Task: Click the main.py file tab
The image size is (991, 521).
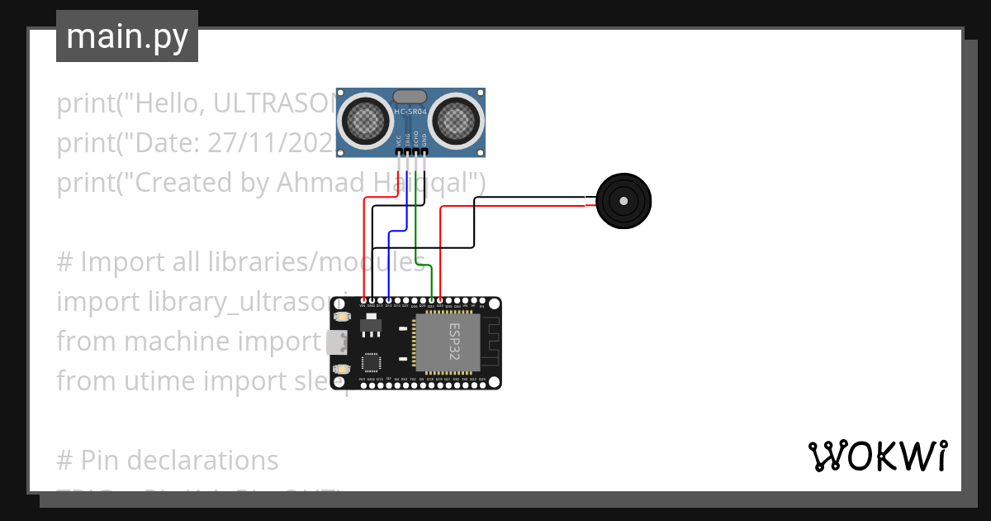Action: pos(127,36)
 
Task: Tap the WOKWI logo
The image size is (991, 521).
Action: pos(877,456)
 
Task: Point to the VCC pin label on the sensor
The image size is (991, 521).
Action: pos(399,141)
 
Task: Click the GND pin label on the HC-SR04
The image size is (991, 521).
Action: pos(424,141)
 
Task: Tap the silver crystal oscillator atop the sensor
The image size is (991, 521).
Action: pos(410,97)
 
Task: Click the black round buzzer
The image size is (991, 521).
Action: pos(624,201)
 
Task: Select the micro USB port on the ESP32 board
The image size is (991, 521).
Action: pos(336,342)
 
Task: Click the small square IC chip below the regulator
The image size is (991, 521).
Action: pos(371,362)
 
